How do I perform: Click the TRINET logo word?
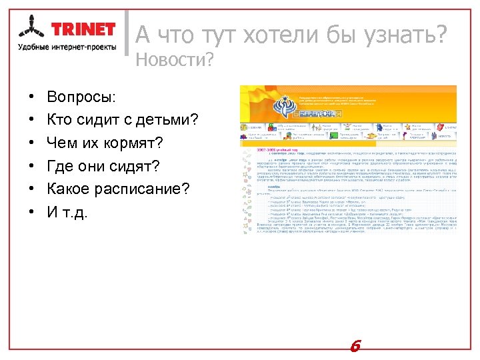pos(83,30)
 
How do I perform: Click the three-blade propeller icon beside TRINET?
pos(31,29)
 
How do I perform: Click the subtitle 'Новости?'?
pos(174,61)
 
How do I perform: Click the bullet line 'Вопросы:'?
pos(81,97)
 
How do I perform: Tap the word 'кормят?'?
pos(136,143)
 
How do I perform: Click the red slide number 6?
pos(355,345)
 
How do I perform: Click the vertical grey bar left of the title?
pos(127,33)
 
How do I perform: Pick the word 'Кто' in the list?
pos(60,120)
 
